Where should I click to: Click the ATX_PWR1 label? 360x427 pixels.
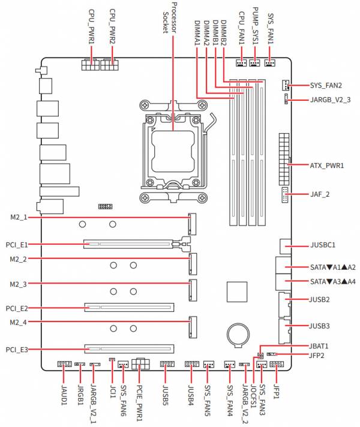click(x=327, y=166)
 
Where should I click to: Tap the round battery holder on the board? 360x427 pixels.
click(x=238, y=335)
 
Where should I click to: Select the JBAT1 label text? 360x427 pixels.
click(x=319, y=346)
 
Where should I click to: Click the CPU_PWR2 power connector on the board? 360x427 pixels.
click(x=109, y=65)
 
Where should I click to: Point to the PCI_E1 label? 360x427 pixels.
click(x=17, y=245)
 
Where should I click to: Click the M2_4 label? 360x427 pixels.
click(x=18, y=322)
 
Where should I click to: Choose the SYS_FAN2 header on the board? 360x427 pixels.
click(x=285, y=86)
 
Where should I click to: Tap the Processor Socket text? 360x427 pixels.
click(x=170, y=18)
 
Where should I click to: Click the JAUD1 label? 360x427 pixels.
click(x=64, y=394)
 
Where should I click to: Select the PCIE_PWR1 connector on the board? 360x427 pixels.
click(x=140, y=363)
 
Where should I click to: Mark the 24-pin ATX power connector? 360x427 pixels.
click(x=284, y=160)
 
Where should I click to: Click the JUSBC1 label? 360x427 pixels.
click(x=323, y=245)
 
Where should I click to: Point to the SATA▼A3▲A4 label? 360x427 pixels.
click(x=333, y=281)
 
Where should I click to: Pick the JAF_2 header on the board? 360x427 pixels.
click(x=285, y=195)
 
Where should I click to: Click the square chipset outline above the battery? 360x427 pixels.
click(x=237, y=292)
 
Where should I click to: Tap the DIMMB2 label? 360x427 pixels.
click(x=224, y=32)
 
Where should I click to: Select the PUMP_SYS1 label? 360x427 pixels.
click(x=256, y=26)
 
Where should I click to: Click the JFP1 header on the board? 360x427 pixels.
click(x=277, y=364)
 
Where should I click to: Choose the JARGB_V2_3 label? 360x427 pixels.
click(x=330, y=100)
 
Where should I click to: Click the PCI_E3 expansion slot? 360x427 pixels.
click(x=129, y=349)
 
